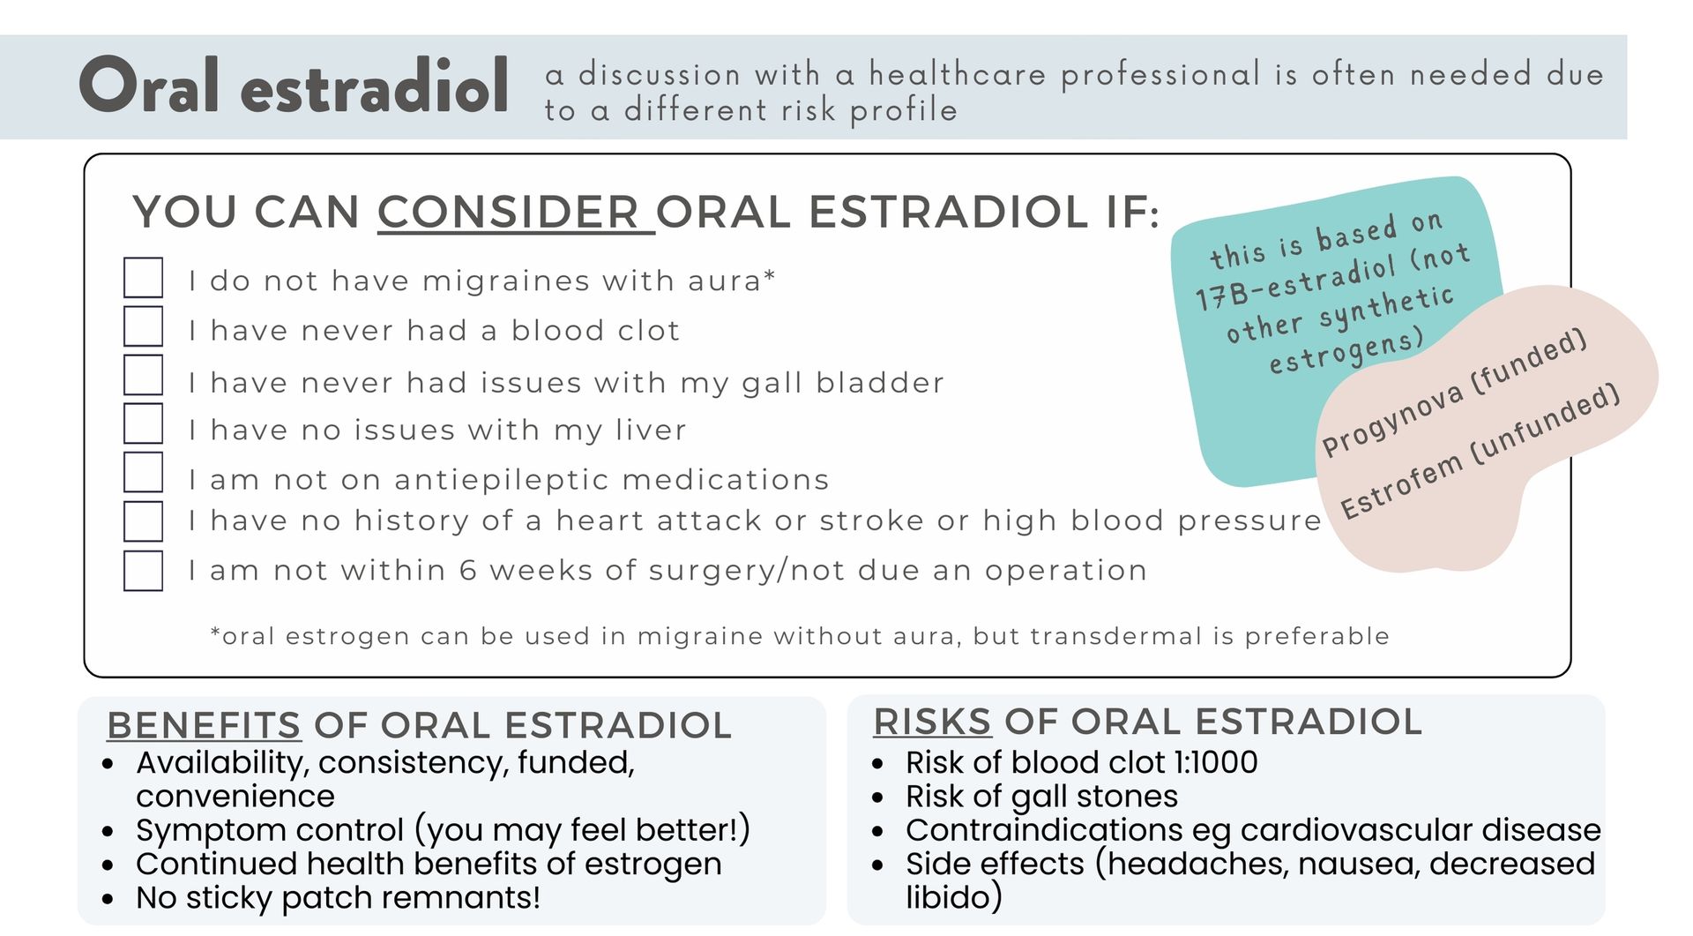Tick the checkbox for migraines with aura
tap(143, 277)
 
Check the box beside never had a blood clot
tap(143, 326)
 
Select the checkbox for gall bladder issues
tap(143, 374)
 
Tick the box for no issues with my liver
tap(143, 423)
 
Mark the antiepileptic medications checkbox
tap(143, 472)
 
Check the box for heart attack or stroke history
tap(143, 520)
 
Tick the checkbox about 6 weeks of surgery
tap(143, 570)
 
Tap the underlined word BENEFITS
tap(204, 725)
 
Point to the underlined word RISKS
tap(932, 722)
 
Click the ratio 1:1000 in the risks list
tap(1216, 762)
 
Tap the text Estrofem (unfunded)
tap(1480, 452)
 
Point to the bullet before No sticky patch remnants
tap(108, 900)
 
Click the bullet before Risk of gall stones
tap(877, 797)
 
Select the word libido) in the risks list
tap(954, 897)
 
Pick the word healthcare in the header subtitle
tap(958, 74)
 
